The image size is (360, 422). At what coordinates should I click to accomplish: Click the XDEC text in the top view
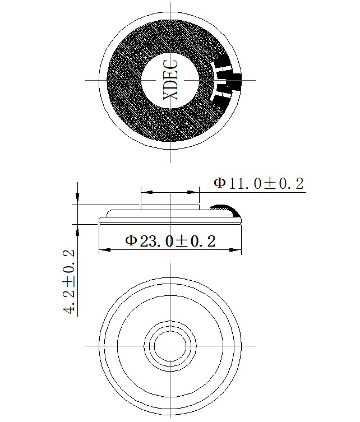[170, 80]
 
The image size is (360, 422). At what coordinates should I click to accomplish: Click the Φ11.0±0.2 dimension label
[259, 184]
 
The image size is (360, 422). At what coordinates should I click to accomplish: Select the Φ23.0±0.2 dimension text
[170, 241]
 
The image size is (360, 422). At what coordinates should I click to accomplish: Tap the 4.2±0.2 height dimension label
[68, 282]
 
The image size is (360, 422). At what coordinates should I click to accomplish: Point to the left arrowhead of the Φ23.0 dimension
[104, 250]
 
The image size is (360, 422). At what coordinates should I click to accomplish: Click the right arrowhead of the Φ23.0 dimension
[236, 250]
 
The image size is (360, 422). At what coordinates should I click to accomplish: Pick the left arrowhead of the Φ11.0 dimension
[147, 192]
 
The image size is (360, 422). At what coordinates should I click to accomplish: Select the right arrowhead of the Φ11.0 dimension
[193, 192]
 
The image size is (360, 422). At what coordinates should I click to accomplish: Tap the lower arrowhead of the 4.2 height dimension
[77, 230]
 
